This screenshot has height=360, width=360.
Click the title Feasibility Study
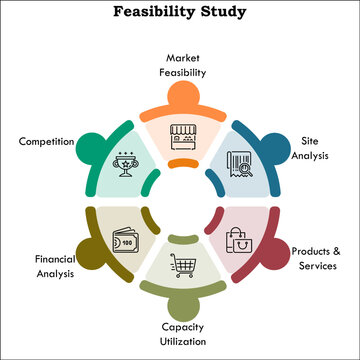(180, 14)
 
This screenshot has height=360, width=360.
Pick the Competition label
(45, 141)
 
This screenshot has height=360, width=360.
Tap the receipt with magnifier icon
(237, 161)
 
